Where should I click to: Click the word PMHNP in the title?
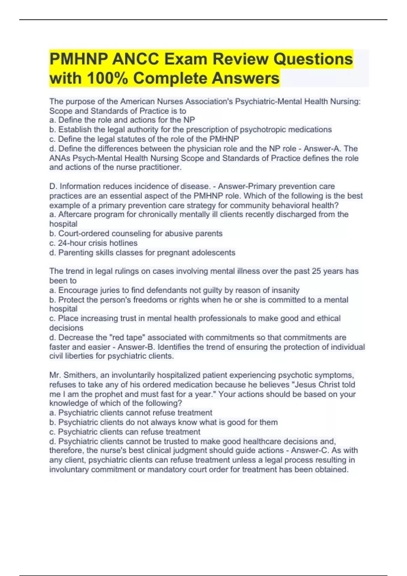click(x=79, y=59)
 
